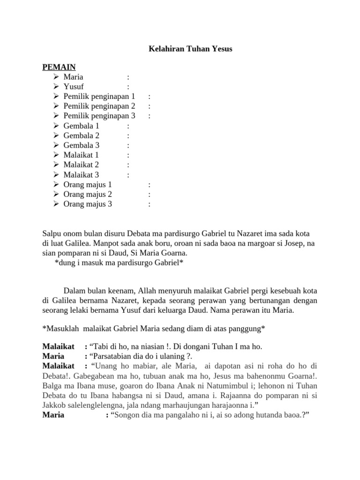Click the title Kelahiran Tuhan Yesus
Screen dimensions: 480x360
190,49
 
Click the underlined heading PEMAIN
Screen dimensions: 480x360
59,67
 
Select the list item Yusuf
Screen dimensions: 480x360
74,86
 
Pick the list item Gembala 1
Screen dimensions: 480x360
82,126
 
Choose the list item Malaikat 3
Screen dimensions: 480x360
82,175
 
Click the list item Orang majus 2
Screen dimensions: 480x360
88,194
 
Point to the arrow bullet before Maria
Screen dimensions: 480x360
55,76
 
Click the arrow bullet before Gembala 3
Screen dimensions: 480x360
55,145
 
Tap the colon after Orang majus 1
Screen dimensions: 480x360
149,185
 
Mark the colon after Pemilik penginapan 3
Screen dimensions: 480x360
149,116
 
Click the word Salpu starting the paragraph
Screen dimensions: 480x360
52,233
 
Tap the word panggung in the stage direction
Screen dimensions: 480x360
247,328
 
